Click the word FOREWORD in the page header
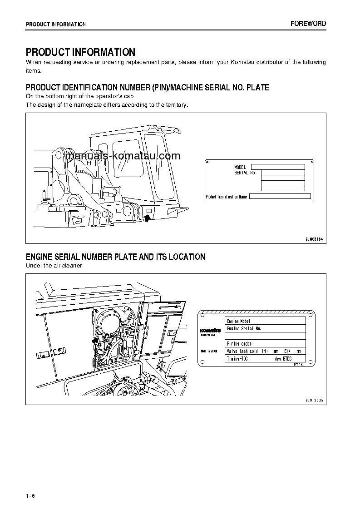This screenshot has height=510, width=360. coord(308,24)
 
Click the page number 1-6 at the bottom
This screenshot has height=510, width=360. coord(30,495)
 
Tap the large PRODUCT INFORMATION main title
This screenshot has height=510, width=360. coord(80,52)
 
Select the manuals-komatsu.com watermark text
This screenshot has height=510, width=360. coord(123,156)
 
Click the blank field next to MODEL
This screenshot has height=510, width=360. coord(278,167)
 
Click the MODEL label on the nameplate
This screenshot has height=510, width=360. coord(240,168)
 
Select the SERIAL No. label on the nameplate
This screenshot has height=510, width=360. coord(245,173)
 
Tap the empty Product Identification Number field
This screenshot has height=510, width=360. coord(280,197)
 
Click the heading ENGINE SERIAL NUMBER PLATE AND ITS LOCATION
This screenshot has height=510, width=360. coord(115,257)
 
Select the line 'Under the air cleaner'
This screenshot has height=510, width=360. coord(54,266)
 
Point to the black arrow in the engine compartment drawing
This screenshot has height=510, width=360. coord(95,339)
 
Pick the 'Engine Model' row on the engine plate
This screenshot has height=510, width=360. coord(265,321)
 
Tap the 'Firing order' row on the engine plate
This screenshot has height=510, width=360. coord(265,344)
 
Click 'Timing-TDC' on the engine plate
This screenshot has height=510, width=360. coord(237,359)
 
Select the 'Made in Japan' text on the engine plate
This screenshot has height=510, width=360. coord(209,351)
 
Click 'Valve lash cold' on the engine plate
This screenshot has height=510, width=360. coord(242,352)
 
